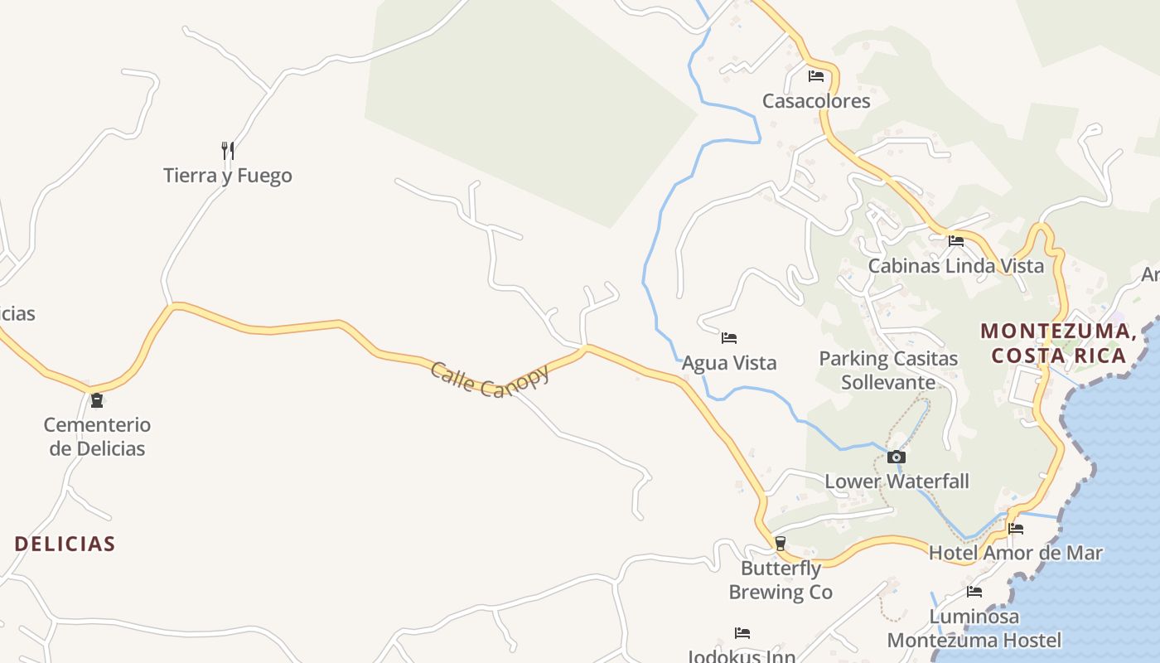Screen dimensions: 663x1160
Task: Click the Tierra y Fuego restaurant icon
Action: (x=228, y=150)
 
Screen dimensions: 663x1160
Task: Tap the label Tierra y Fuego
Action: (x=228, y=176)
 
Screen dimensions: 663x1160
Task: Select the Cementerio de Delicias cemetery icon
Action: (x=97, y=400)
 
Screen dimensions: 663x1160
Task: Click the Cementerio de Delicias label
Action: (x=97, y=437)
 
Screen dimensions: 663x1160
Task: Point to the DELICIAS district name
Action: (x=65, y=544)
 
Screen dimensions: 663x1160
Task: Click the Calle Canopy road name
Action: (x=490, y=379)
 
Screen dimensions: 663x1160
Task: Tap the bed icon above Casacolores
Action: (x=816, y=76)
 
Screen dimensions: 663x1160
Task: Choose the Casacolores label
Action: (x=816, y=101)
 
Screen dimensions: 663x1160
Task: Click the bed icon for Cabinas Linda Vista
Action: (x=956, y=241)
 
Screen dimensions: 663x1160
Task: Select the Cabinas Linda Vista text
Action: (x=956, y=266)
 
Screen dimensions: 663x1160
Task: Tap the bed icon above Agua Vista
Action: (x=729, y=337)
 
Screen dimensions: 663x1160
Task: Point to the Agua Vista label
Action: (x=729, y=363)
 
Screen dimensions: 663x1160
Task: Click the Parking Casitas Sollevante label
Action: (x=888, y=370)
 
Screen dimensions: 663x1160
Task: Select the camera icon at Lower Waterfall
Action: (x=897, y=457)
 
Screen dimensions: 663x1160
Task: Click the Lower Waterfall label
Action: (x=897, y=482)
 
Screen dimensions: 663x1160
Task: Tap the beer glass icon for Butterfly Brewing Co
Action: (x=780, y=544)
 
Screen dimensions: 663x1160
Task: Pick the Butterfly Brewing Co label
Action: (x=781, y=580)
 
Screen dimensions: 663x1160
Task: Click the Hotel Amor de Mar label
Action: (x=1015, y=553)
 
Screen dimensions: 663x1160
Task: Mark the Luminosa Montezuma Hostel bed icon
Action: (x=974, y=592)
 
